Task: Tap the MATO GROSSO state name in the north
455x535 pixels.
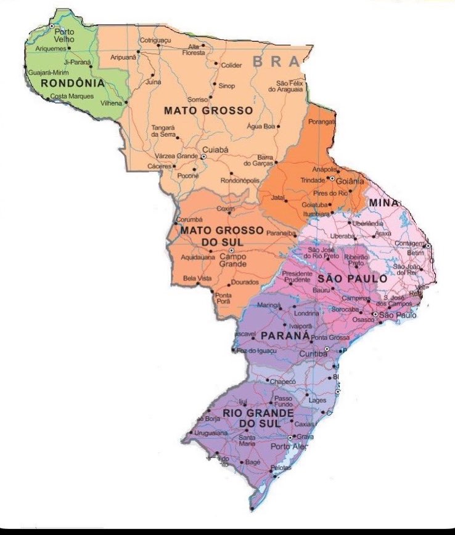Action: pos(208,110)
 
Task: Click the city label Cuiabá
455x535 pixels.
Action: pos(215,149)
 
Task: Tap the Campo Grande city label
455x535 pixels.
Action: pos(233,260)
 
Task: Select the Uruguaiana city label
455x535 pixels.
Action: pos(211,433)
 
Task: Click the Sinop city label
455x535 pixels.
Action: pos(227,86)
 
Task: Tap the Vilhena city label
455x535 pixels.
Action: pos(112,103)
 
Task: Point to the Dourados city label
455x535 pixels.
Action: pos(244,283)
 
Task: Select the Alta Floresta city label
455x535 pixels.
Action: pos(194,50)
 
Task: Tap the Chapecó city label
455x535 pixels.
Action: pos(284,382)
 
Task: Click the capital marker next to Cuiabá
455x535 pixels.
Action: pos(203,156)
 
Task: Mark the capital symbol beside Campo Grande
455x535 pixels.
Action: pos(231,251)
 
